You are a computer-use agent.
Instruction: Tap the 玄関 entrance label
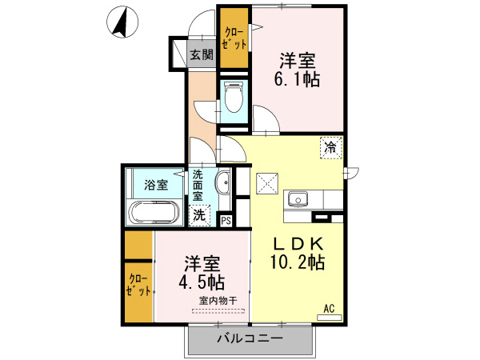pyautogui.click(x=202, y=55)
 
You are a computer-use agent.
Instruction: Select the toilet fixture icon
pyautogui.click(x=234, y=100)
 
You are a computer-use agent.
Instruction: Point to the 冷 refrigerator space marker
pyautogui.click(x=331, y=146)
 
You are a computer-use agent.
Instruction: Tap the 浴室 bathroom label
pyautogui.click(x=156, y=186)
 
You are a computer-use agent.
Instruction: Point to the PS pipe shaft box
pyautogui.click(x=226, y=221)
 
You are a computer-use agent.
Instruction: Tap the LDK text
pyautogui.click(x=299, y=242)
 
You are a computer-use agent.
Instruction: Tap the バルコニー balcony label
pyautogui.click(x=250, y=339)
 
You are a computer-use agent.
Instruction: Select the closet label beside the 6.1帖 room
pyautogui.click(x=234, y=38)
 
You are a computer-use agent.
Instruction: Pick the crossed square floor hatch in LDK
pyautogui.click(x=266, y=183)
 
